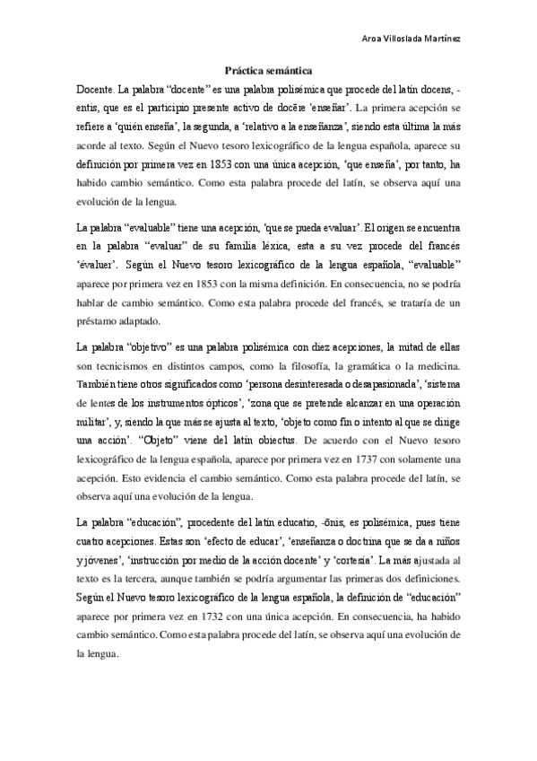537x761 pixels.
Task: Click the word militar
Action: pos(98,421)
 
